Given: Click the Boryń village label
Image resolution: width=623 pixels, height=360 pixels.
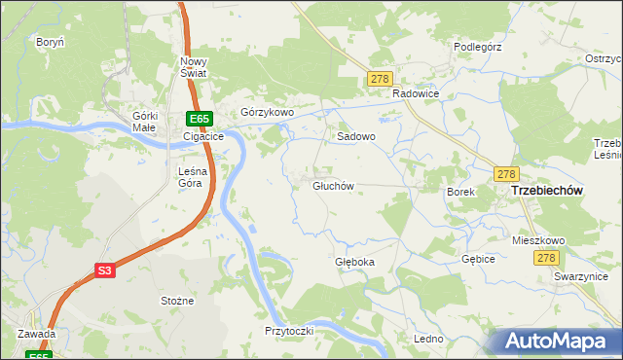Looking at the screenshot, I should (x=50, y=43).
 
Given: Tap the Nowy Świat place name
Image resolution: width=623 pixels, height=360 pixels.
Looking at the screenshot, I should (x=193, y=68).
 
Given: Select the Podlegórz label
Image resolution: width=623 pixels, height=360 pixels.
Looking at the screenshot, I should (x=477, y=46).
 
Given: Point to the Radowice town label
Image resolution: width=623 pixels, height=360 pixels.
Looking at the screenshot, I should (x=417, y=93).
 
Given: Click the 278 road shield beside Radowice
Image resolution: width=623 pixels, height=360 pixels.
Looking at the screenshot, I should (x=380, y=79).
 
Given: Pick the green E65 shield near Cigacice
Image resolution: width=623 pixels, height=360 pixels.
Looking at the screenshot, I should (x=199, y=119).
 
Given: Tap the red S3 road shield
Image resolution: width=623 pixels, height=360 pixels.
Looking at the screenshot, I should (x=106, y=271).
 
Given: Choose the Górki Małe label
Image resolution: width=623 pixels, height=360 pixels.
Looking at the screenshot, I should (x=144, y=122).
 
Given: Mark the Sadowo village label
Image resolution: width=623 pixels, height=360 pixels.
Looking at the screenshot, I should (x=356, y=137).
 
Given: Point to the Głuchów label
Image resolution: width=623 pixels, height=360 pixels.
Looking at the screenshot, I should (x=332, y=186).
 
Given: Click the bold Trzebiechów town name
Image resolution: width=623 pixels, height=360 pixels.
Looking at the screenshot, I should (x=546, y=192).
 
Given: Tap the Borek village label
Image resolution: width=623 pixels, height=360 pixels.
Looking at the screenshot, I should (x=460, y=193).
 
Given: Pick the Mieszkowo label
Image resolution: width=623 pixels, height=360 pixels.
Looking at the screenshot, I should (x=538, y=240).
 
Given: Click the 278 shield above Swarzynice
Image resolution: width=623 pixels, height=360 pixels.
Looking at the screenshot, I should (x=546, y=258).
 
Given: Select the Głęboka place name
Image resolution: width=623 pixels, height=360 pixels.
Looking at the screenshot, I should (x=354, y=262).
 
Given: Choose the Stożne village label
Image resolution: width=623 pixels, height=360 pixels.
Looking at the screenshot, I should (x=177, y=301).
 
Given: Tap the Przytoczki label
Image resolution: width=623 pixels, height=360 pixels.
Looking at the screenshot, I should (x=289, y=331).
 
